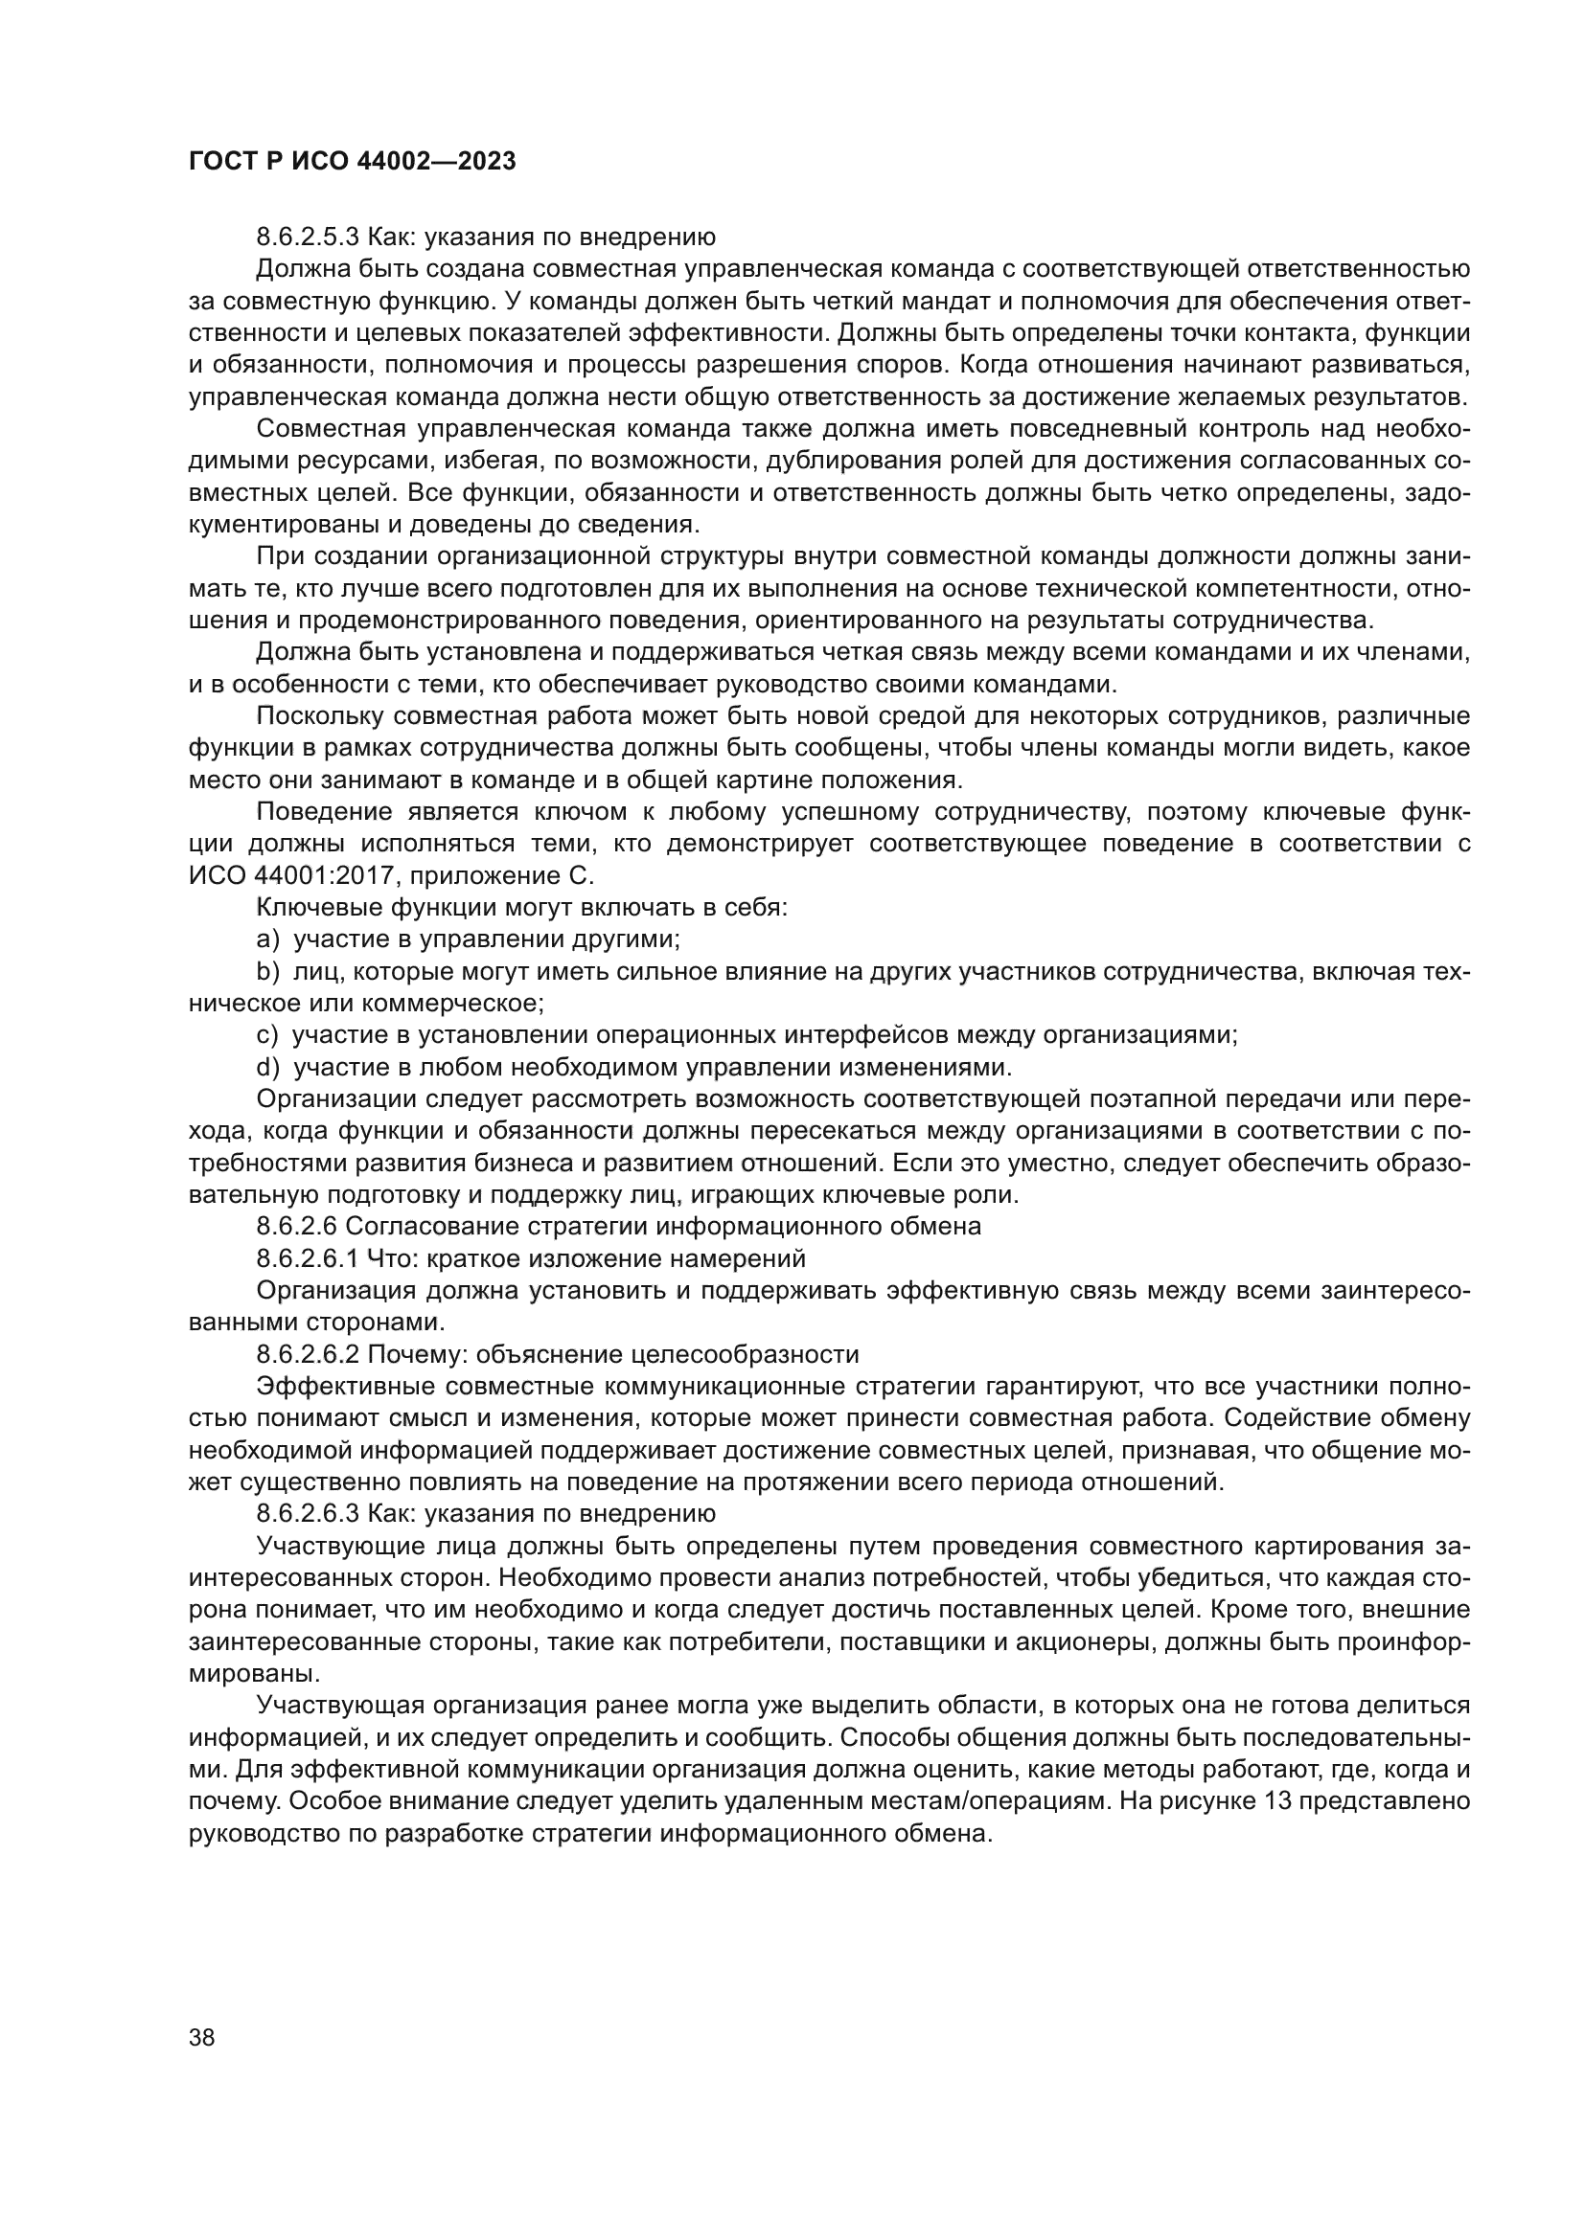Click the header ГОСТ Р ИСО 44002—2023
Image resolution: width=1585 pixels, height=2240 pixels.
pyautogui.click(x=352, y=162)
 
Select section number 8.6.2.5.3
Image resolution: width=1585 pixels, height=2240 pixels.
pyautogui.click(x=308, y=238)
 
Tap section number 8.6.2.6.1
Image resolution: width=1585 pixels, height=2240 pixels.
pyautogui.click(x=308, y=1258)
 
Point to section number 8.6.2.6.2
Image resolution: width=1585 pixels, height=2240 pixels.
pyautogui.click(x=308, y=1355)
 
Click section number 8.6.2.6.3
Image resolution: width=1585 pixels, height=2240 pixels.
pyautogui.click(x=308, y=1514)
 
